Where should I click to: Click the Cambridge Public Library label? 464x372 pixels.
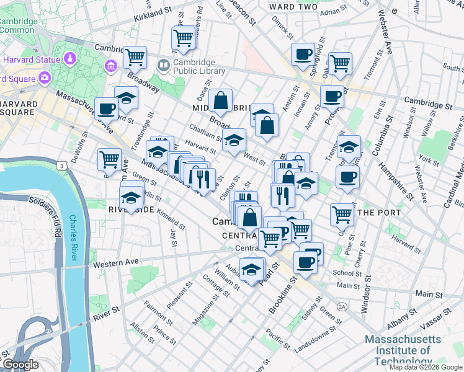pos(194,67)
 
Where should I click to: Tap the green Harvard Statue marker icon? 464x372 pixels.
pos(69,60)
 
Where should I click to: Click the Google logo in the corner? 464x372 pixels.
pos(20,365)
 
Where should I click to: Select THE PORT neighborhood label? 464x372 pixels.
pos(375,212)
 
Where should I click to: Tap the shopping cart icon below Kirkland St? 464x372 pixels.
pos(184,38)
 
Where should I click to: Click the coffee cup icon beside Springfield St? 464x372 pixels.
pos(302,55)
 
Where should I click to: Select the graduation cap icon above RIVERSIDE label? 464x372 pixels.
pos(132,198)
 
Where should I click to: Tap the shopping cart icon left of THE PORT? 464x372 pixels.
pos(341,215)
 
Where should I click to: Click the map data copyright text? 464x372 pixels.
pos(426,367)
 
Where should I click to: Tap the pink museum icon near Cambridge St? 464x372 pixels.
pos(112,65)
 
